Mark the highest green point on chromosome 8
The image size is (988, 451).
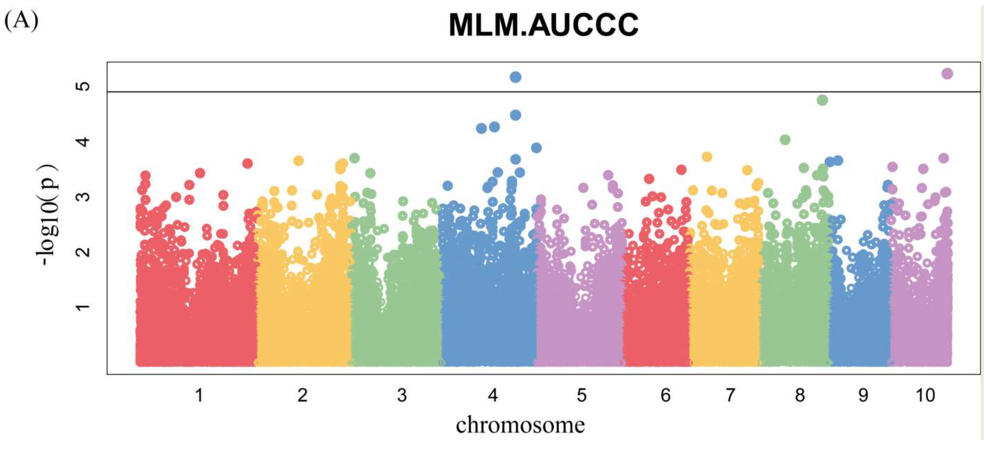822,100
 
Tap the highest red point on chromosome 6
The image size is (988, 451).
681,170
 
